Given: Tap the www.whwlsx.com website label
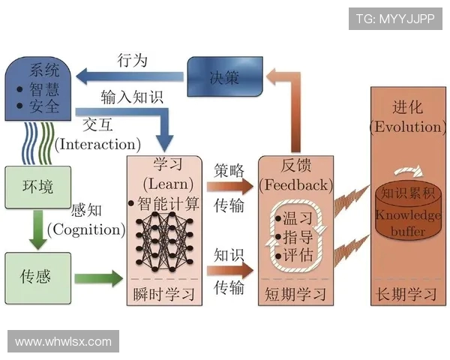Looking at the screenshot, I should point(63,341).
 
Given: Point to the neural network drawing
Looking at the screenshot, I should point(165,238).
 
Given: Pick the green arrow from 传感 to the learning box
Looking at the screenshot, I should point(100,278).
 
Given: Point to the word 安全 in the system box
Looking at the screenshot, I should point(45,107).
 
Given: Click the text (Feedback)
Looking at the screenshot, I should point(294,183).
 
